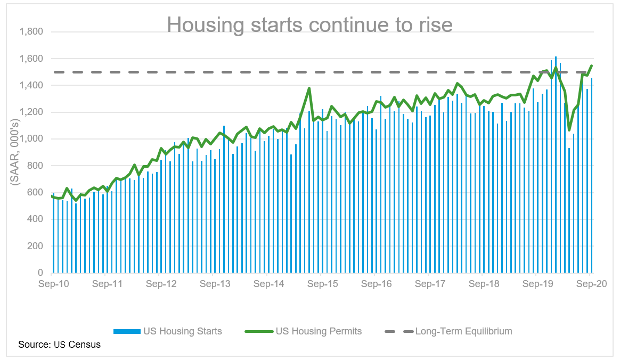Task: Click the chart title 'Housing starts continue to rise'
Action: pos(309,24)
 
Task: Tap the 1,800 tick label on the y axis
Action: pos(31,32)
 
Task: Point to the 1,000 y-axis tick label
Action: pos(31,139)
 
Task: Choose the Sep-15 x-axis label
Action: pos(322,284)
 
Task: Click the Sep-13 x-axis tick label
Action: pos(215,284)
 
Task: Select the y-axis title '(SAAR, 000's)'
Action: pos(14,152)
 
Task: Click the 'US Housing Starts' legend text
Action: pos(182,331)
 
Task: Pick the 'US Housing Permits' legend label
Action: pos(319,331)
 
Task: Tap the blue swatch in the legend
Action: pos(126,331)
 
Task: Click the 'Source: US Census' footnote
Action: pos(59,345)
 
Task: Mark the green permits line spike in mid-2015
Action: pos(309,88)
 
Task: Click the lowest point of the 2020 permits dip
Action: pos(569,130)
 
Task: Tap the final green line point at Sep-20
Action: pos(592,66)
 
